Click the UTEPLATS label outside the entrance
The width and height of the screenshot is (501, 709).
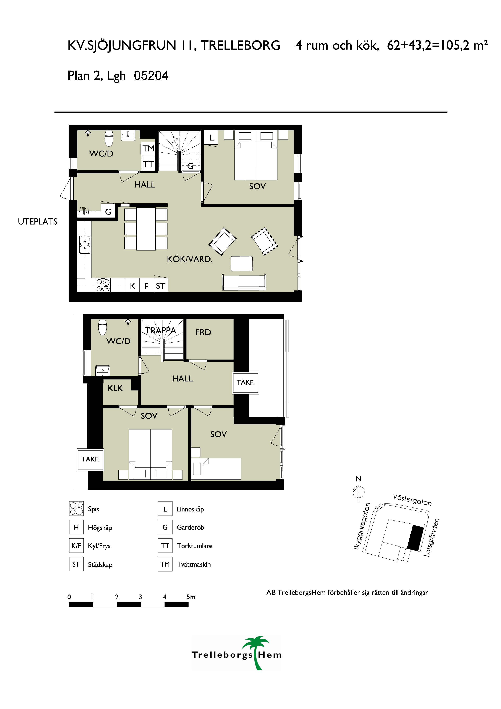click(x=38, y=222)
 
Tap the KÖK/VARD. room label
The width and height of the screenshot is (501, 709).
click(x=189, y=259)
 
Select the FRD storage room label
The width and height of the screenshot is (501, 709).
click(x=203, y=332)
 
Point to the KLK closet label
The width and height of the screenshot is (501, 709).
click(x=115, y=388)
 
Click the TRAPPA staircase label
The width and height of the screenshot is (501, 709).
click(x=161, y=330)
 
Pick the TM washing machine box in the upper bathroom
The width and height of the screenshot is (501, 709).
click(x=148, y=149)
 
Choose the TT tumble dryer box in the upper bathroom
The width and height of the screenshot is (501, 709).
click(x=148, y=164)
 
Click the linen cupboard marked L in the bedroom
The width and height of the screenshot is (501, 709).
click(x=211, y=137)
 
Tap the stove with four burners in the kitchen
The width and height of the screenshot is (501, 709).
click(x=103, y=285)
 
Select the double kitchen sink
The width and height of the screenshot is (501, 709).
click(x=85, y=245)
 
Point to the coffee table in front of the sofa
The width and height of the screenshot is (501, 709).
click(x=241, y=264)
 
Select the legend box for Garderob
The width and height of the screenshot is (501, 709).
click(x=165, y=527)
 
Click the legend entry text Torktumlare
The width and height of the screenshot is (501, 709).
click(x=195, y=546)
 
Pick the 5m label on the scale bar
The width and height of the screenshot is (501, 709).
click(x=191, y=597)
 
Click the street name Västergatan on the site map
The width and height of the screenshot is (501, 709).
click(x=412, y=500)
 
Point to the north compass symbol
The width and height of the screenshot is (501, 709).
click(x=359, y=491)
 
